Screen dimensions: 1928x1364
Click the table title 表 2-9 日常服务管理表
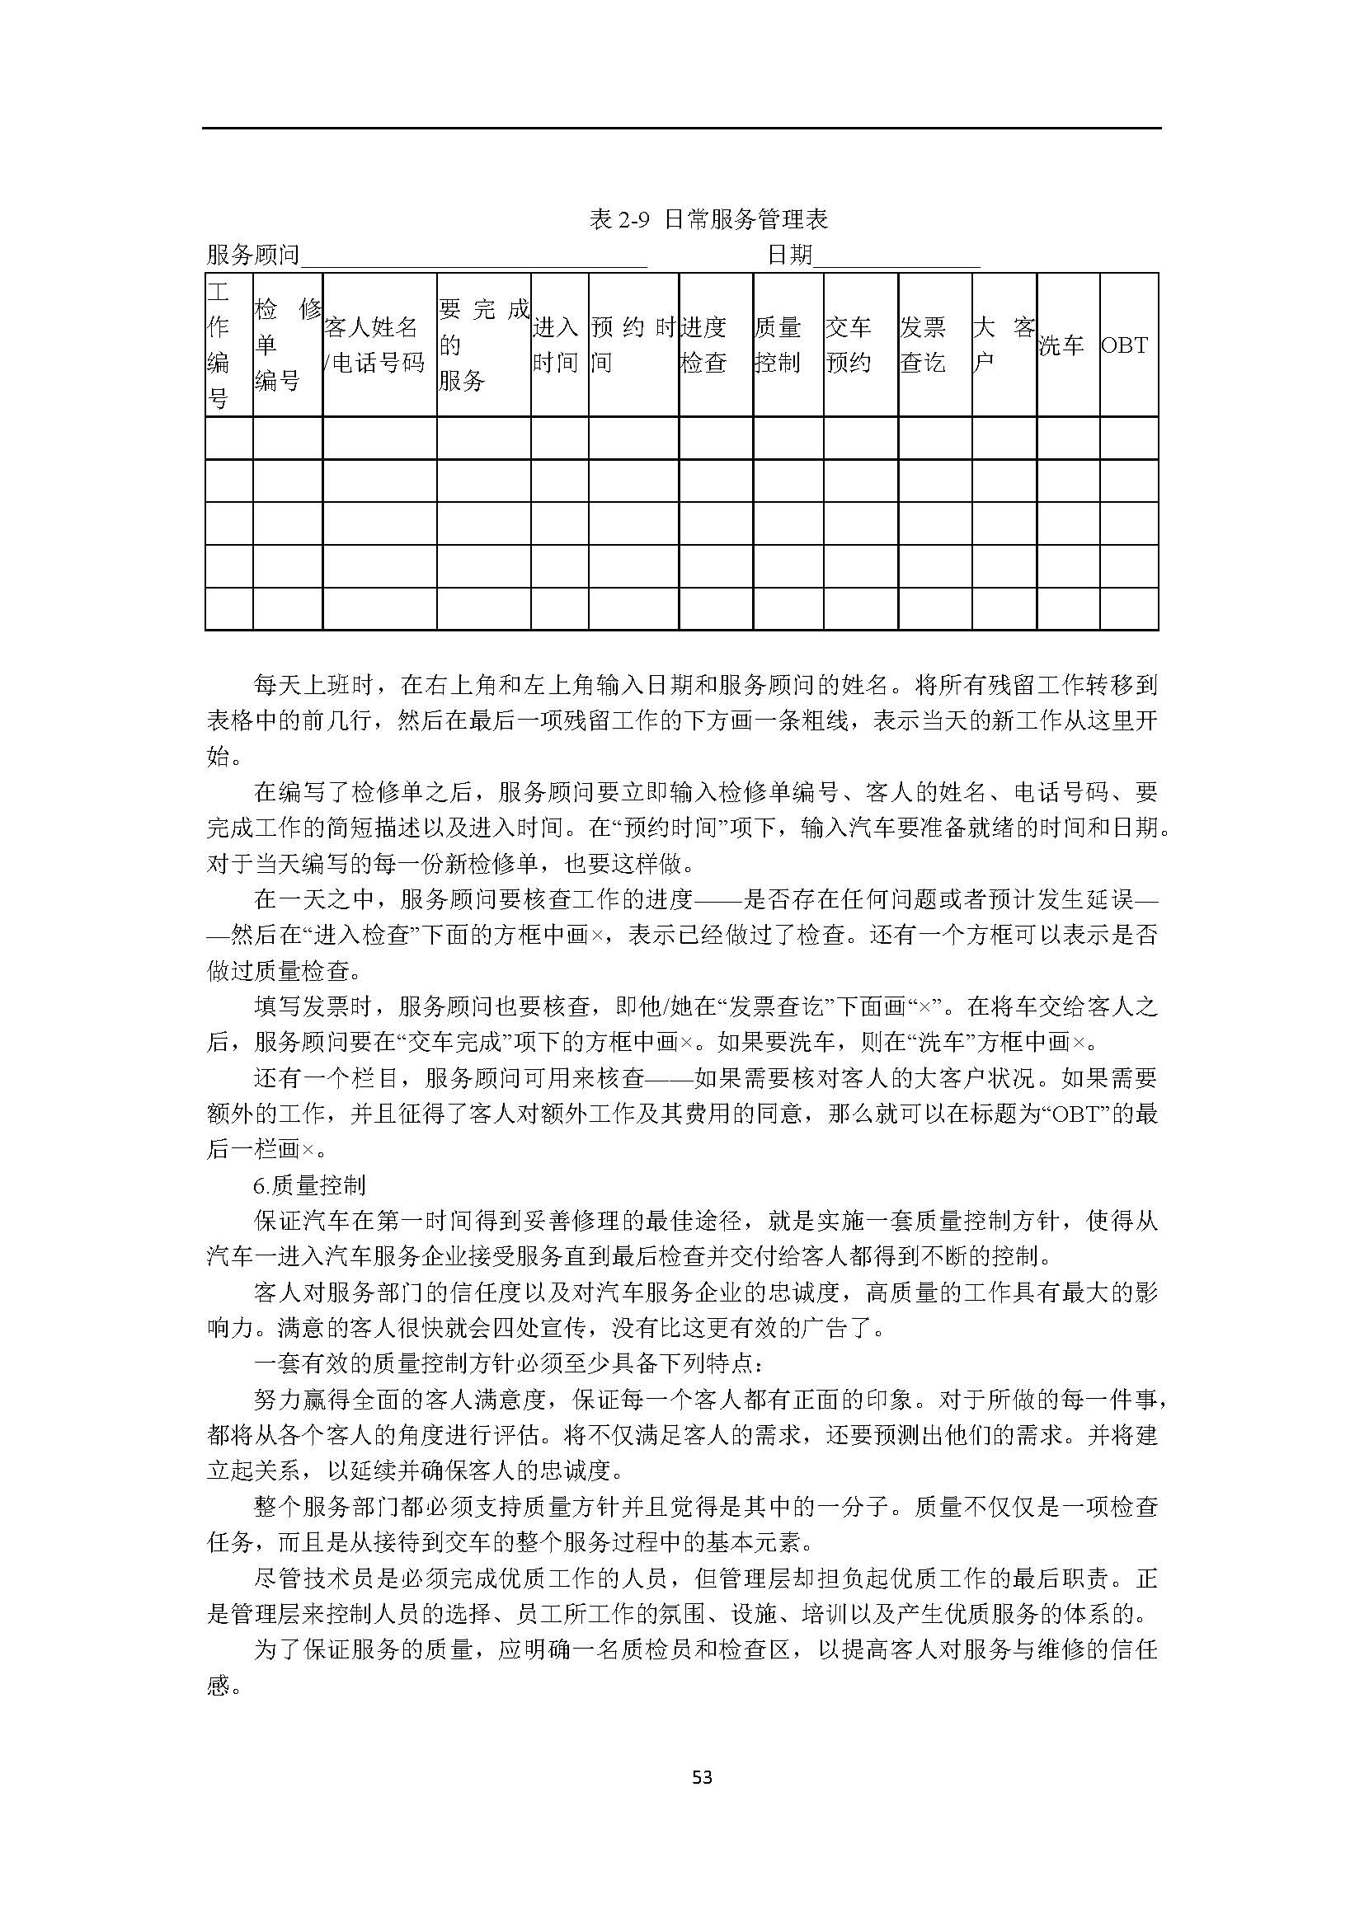708,219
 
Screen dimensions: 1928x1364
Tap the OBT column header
1124,345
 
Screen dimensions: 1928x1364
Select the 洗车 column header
1061,345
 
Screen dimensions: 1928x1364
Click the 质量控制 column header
777,345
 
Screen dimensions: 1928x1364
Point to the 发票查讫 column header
923,345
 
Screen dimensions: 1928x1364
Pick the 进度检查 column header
703,345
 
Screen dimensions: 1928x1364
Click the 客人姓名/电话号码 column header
374,345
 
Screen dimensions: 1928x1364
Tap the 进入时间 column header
555,345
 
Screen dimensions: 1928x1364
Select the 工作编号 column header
219,345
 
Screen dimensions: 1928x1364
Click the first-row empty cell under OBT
1129,439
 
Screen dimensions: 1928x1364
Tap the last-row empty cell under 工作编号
228,609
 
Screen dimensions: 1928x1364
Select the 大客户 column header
1004,345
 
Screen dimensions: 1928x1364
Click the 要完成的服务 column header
483,345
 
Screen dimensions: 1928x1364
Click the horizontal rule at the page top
681,129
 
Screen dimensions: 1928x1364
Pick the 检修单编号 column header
287,345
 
